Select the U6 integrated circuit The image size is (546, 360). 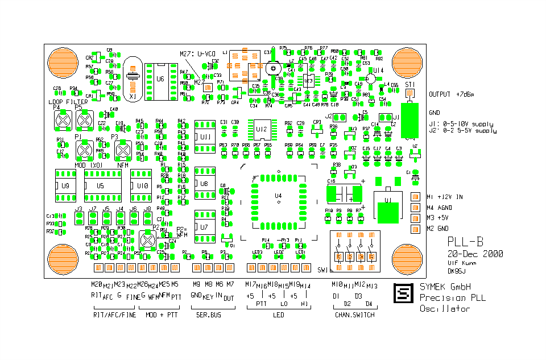[x=160, y=80]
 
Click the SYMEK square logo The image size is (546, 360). [x=403, y=293]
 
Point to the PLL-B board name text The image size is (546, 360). [x=466, y=242]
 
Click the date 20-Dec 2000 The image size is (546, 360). [x=474, y=254]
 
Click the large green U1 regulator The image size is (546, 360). [x=388, y=206]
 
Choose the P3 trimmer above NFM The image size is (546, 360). [x=122, y=151]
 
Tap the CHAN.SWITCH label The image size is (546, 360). [x=354, y=315]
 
